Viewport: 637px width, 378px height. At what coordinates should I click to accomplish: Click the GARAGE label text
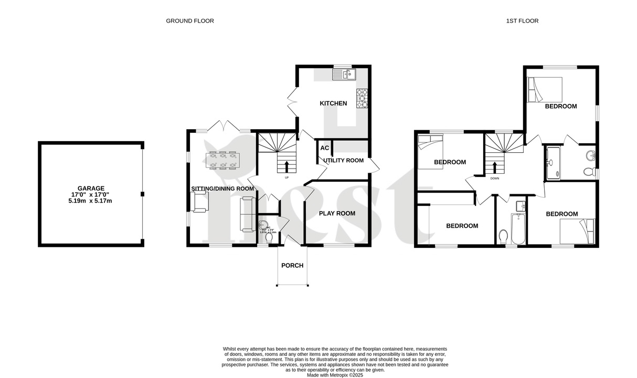point(91,188)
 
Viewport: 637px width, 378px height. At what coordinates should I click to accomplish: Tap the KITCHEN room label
point(333,103)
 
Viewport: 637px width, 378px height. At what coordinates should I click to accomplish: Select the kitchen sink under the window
point(344,75)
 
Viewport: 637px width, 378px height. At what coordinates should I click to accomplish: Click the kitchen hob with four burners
point(362,98)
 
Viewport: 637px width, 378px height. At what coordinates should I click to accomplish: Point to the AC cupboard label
point(324,148)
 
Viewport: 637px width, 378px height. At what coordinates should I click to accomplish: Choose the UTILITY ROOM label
point(343,160)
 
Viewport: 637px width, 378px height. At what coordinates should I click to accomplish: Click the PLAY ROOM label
point(337,213)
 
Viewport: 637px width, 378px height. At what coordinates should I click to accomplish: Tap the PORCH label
point(292,265)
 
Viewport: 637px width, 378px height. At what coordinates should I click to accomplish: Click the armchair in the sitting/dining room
point(199,202)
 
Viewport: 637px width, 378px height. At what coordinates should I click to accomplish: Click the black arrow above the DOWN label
point(494,168)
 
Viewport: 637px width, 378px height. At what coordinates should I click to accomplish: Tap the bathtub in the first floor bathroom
point(518,229)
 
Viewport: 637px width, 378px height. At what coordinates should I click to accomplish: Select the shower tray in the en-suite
point(553,163)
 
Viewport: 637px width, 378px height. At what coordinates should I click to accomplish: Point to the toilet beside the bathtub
point(503,237)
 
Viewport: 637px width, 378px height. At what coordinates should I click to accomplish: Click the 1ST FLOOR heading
point(522,21)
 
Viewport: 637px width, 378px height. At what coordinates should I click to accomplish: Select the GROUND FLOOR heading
point(190,21)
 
